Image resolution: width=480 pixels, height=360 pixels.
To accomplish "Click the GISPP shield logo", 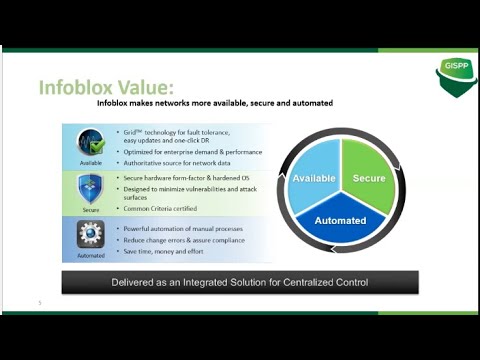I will [454, 76].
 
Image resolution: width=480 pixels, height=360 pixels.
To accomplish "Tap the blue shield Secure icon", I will [91, 188].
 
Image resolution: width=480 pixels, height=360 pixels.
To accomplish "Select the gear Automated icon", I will [91, 235].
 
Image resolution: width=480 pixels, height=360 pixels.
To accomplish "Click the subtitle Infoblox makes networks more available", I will [214, 103].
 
